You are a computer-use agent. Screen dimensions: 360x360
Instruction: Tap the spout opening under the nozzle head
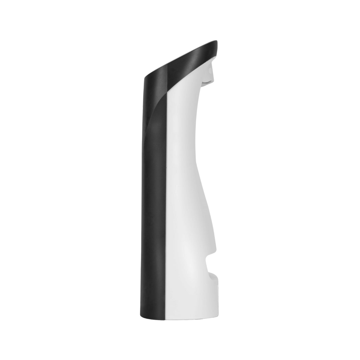pyautogui.click(x=207, y=80)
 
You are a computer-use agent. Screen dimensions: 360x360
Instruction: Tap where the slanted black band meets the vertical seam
pyautogui.click(x=166, y=90)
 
